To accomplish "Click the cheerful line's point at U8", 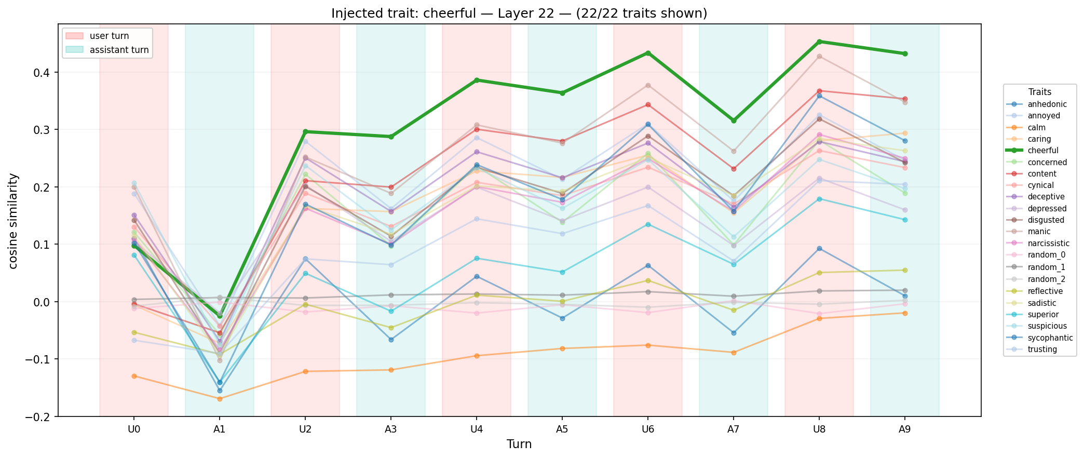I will click(x=819, y=42).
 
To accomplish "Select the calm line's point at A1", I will click(x=220, y=399).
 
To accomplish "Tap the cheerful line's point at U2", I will click(x=305, y=131).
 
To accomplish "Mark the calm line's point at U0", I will click(x=134, y=376).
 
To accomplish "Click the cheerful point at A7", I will click(x=733, y=120).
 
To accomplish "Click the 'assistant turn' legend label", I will click(x=119, y=50).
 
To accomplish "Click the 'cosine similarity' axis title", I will click(x=13, y=221).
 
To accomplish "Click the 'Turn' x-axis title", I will click(x=519, y=444).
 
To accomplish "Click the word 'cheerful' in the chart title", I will click(x=417, y=14).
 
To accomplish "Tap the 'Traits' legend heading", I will click(x=1040, y=92).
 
